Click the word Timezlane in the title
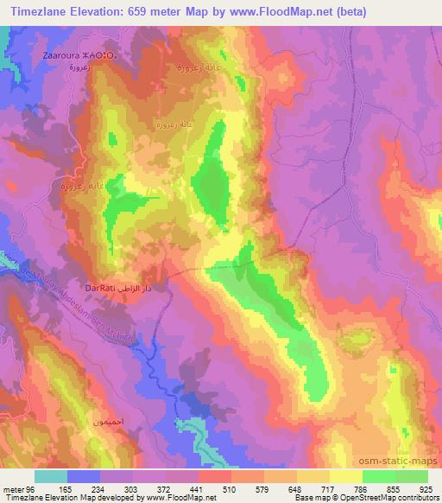click(x=44, y=11)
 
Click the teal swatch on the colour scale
click(x=51, y=476)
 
